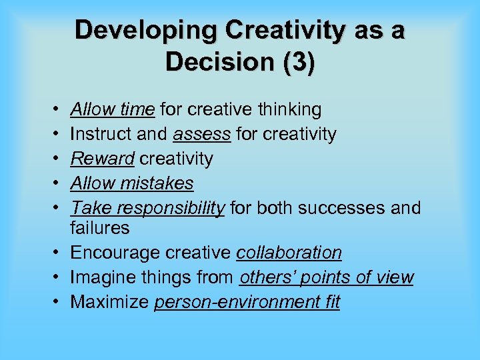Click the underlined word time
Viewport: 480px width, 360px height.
(x=139, y=109)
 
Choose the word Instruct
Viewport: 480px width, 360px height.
(x=101, y=133)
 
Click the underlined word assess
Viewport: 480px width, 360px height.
(x=202, y=133)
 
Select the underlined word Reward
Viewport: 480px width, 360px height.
(x=101, y=159)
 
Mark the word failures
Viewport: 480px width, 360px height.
(x=100, y=228)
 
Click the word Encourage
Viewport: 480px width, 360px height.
(x=113, y=253)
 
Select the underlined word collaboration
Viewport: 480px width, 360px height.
(x=289, y=253)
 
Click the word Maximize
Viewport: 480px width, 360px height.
(x=109, y=302)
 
